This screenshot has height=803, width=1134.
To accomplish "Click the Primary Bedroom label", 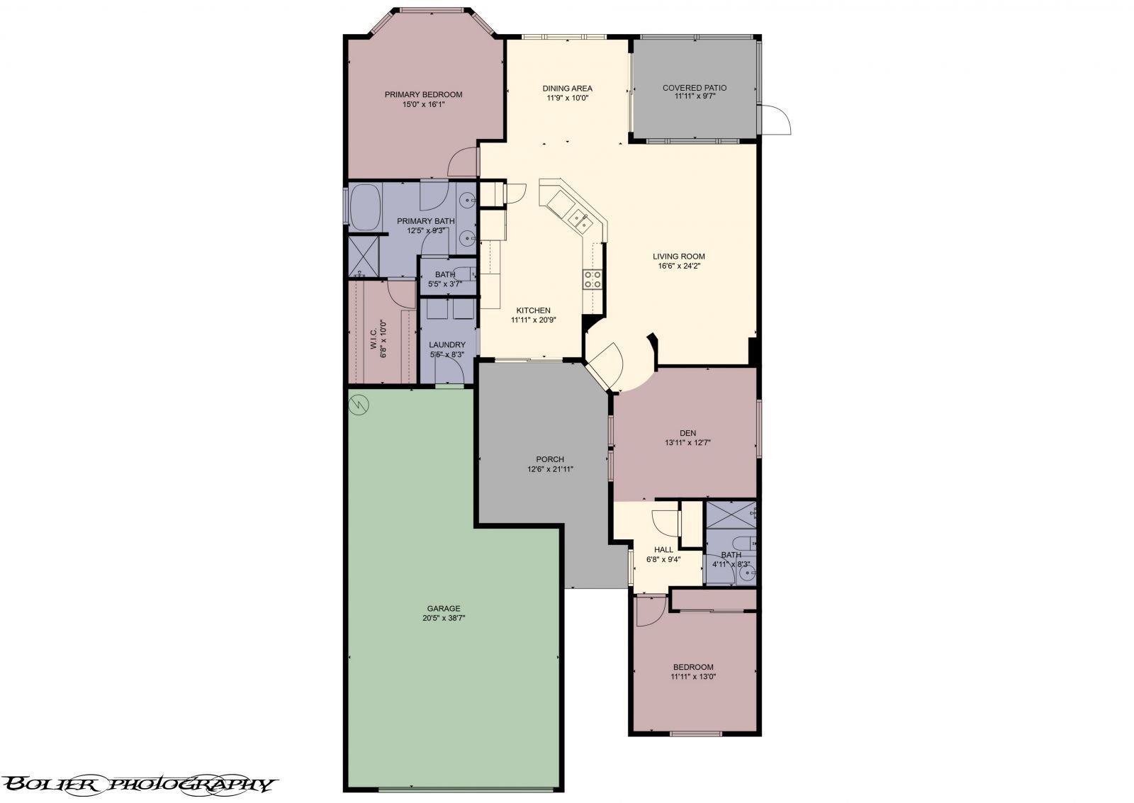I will [423, 94].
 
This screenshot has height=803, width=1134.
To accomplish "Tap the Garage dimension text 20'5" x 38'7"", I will [444, 617].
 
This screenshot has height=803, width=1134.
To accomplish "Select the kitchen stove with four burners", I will [593, 279].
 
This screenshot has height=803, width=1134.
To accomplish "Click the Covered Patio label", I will [694, 88].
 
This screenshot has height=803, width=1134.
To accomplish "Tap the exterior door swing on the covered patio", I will [776, 119].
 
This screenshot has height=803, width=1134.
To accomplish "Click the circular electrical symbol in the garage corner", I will [360, 404].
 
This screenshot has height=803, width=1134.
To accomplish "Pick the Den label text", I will [687, 433].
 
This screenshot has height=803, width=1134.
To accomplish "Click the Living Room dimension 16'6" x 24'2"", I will [679, 266].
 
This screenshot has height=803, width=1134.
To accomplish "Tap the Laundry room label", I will [447, 345].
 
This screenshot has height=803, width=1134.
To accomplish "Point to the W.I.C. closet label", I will [374, 339].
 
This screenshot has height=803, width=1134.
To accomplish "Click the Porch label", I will [549, 459].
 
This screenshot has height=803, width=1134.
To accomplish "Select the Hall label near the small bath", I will [663, 549].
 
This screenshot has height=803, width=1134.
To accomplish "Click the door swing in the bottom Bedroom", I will [649, 611].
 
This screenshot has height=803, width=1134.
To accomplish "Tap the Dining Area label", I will [567, 89].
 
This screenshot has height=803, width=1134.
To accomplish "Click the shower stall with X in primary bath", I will [364, 256].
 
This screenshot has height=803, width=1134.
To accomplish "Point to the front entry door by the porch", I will [605, 363].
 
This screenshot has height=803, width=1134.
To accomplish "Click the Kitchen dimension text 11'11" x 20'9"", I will [533, 320].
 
